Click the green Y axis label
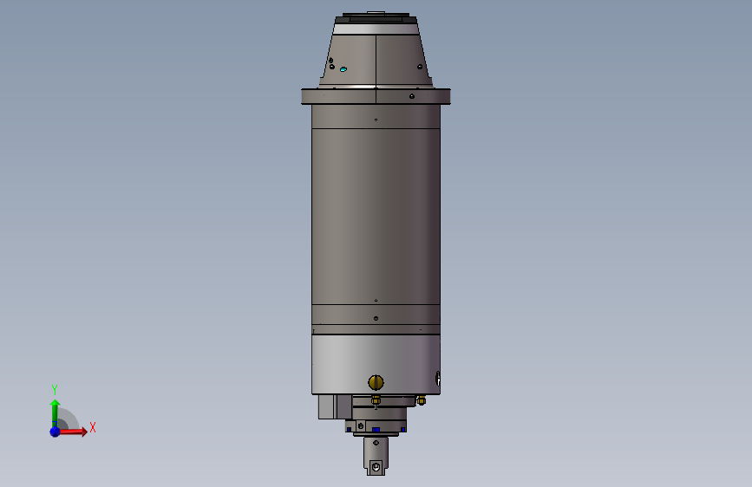pos(55,389)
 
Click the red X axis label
pos(92,427)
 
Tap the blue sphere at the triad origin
pos(55,431)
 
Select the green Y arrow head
pos(55,404)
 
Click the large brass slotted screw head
pos(376,381)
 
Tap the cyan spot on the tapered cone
pos(343,68)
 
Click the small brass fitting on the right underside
pos(421,400)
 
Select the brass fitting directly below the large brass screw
pos(376,399)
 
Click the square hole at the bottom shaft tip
pos(376,468)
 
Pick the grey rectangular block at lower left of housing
pos(326,406)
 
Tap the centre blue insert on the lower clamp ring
pos(376,429)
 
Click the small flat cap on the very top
pos(375,12)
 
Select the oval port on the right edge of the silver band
pos(438,379)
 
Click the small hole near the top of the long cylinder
pos(376,119)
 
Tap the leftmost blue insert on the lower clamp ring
pos(350,430)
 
